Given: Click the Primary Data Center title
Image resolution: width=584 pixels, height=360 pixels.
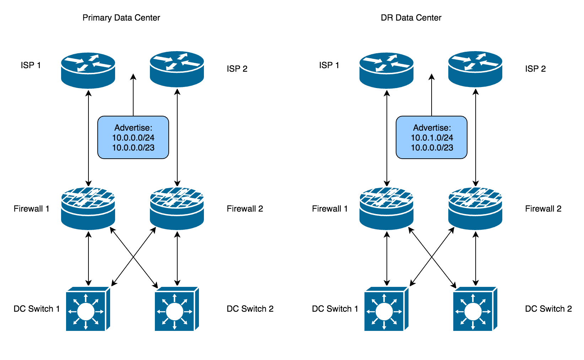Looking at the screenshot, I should [121, 18].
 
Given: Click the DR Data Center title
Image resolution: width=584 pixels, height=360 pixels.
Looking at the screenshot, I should [411, 18].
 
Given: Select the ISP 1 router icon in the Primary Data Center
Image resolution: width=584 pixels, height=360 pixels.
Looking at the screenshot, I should [88, 70].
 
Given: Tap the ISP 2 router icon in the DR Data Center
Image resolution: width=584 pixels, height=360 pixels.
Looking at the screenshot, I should [475, 69].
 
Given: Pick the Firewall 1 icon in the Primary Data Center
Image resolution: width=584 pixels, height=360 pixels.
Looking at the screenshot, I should [88, 208].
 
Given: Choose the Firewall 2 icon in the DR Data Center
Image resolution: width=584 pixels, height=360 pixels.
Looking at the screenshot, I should [475, 208].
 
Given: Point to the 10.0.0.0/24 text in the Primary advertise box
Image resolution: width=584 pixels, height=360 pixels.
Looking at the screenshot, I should [133, 138].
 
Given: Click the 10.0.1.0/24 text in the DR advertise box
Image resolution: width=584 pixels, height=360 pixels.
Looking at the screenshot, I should [432, 138].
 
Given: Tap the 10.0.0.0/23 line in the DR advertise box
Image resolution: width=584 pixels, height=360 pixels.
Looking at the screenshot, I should [432, 148].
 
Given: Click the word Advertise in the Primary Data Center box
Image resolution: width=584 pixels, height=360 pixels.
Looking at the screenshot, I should [133, 128].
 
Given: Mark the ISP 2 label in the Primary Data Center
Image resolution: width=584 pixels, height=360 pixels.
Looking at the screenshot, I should [237, 69].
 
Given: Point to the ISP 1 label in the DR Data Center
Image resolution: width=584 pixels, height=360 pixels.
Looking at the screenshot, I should [329, 65].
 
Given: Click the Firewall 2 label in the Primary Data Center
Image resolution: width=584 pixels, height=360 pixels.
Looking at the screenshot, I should [245, 209].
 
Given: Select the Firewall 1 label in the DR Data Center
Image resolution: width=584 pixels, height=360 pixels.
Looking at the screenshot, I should [330, 209].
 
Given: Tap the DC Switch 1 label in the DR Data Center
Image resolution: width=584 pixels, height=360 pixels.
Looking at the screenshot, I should [335, 309].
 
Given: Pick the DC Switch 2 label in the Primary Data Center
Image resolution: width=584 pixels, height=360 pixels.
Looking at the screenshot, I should [250, 309].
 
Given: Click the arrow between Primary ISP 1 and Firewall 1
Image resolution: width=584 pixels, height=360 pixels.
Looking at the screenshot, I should [88, 138].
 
